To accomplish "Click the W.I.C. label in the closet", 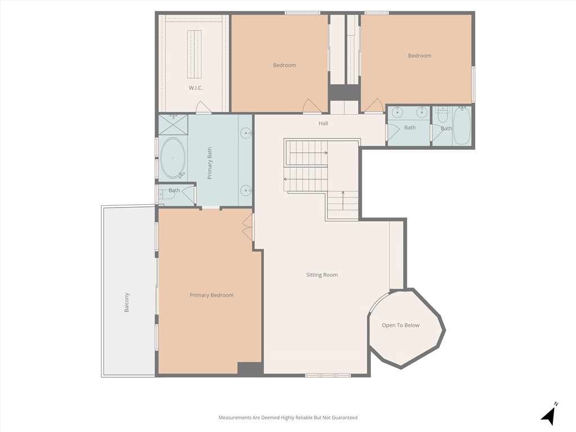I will point(195,88).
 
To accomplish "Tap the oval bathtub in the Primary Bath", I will point(173,158).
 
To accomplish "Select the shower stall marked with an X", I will point(173,124).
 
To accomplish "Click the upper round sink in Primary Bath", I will point(246,133).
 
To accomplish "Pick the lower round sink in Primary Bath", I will point(246,190).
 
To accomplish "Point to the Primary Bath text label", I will point(210,163).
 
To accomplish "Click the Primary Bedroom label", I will point(211,295).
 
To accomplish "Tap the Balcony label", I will point(127,303).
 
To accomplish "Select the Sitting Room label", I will point(322,275).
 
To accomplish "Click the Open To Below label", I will point(400,325).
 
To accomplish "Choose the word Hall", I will point(323,124).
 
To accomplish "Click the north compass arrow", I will point(549,415).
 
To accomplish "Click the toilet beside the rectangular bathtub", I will point(442,115).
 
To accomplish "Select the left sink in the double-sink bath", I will point(397,111).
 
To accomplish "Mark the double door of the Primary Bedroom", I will point(247,227).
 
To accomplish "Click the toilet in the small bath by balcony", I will point(163,195).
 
